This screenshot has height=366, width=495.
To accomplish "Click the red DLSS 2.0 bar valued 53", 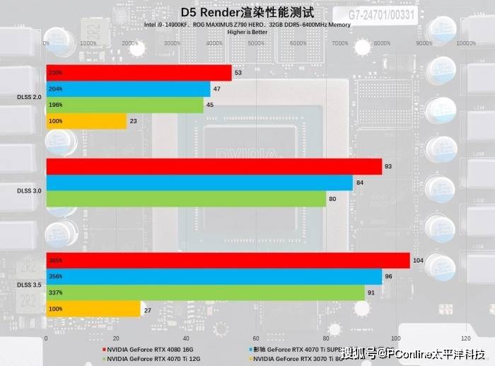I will pyautogui.click(x=139, y=73).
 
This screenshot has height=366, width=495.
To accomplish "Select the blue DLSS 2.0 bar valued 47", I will pyautogui.click(x=128, y=89).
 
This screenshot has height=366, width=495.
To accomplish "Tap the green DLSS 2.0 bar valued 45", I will pyautogui.click(x=124, y=105).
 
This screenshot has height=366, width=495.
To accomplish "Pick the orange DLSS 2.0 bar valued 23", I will pyautogui.click(x=86, y=121).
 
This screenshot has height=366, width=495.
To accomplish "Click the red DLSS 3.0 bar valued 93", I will pyautogui.click(x=214, y=166).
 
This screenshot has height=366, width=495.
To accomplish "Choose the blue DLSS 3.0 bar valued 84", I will pyautogui.click(x=199, y=183).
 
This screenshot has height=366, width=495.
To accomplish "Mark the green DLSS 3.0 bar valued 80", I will pyautogui.click(x=186, y=198).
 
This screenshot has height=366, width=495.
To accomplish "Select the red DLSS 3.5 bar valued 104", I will pyautogui.click(x=228, y=261).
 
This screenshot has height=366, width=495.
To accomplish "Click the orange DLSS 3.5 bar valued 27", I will pyautogui.click(x=93, y=309).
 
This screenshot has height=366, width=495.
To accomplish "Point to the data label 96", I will pyautogui.click(x=388, y=277).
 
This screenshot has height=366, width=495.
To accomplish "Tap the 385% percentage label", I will pyautogui.click(x=56, y=261).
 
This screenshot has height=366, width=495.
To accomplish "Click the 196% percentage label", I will pyautogui.click(x=56, y=105).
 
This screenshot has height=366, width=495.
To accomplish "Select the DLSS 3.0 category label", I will pyautogui.click(x=29, y=190).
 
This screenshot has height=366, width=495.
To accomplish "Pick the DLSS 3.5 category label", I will pyautogui.click(x=29, y=285).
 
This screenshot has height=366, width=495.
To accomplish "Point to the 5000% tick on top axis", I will pyautogui.click(x=256, y=43).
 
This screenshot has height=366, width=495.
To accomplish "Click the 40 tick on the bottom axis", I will pyautogui.click(x=186, y=338).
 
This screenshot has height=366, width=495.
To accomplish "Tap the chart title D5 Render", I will pyautogui.click(x=246, y=12).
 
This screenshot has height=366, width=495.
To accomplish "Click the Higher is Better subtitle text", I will pyautogui.click(x=247, y=32).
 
